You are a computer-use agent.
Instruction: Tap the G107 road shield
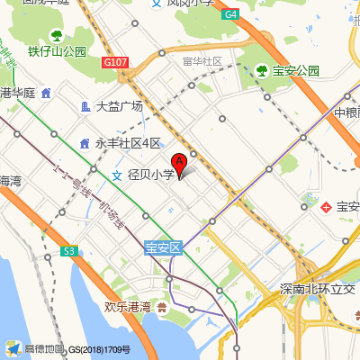pos(114,62)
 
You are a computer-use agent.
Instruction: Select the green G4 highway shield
pos(231,14)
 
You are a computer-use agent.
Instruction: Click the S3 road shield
pos(69,252)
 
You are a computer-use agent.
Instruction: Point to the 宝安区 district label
pos(163,247)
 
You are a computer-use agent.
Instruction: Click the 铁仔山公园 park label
pos(57,51)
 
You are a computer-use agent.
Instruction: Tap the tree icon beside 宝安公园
pos(262,69)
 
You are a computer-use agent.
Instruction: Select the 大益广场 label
pos(120,106)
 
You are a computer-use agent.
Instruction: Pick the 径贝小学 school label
pos(150,175)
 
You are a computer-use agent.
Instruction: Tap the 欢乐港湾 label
pos(127,306)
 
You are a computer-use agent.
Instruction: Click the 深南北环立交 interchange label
pos(318,289)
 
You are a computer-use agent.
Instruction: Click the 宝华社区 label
pos(202,61)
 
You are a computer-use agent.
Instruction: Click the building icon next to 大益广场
pos(85,106)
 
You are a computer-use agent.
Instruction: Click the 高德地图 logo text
pos(44,348)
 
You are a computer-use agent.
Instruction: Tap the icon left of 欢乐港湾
pos(161,306)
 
